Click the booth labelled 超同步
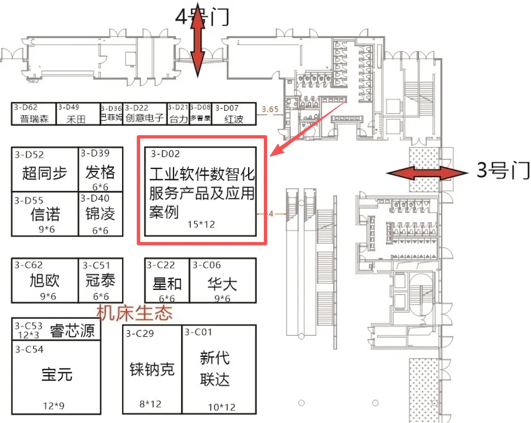tap(45, 173)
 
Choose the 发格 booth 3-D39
tap(100, 173)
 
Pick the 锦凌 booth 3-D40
tap(100, 214)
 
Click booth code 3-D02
tap(166, 154)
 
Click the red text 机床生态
tap(134, 313)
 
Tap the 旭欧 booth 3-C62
tap(45, 281)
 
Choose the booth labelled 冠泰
tap(100, 281)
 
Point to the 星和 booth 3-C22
tap(167, 283)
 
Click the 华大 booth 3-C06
tap(222, 283)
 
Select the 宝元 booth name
tap(57, 375)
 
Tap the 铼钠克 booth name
tap(152, 369)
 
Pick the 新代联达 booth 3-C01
tap(215, 368)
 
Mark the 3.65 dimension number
tap(270, 110)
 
